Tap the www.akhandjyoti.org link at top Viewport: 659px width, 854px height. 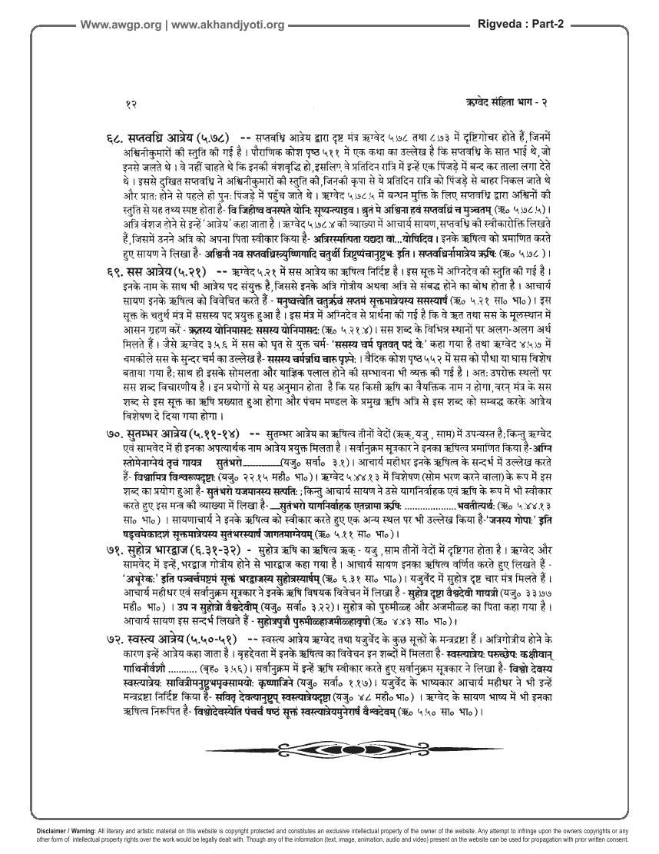(228, 25)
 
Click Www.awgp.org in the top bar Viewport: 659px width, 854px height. (121, 25)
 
